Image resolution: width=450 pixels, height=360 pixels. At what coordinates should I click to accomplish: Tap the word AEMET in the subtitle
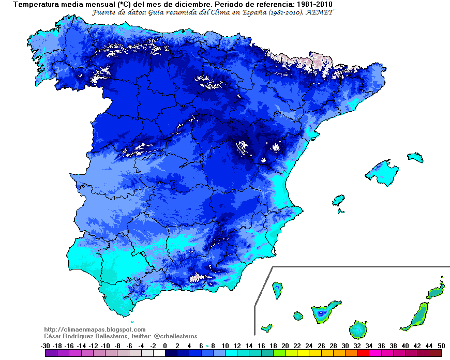[323, 12]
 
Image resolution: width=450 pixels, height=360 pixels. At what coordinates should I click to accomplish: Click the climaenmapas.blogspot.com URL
[95, 329]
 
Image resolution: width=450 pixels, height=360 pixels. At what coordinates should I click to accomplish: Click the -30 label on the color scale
[45, 346]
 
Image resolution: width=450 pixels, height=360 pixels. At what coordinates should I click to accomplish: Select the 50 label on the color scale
[441, 346]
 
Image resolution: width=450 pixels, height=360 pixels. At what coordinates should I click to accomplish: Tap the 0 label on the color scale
[165, 346]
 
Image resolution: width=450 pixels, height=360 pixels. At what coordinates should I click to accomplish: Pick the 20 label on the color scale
[285, 346]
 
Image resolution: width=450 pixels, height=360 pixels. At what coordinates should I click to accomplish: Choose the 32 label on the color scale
[357, 346]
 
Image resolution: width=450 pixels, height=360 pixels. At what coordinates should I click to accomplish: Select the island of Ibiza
[339, 200]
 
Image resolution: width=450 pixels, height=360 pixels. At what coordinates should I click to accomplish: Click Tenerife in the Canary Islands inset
[325, 312]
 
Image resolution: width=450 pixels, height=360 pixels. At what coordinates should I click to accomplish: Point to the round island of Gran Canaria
[358, 328]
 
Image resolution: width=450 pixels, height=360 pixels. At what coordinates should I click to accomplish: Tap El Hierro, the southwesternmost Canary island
[267, 327]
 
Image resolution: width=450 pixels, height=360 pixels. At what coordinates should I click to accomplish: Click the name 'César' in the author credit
[54, 336]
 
